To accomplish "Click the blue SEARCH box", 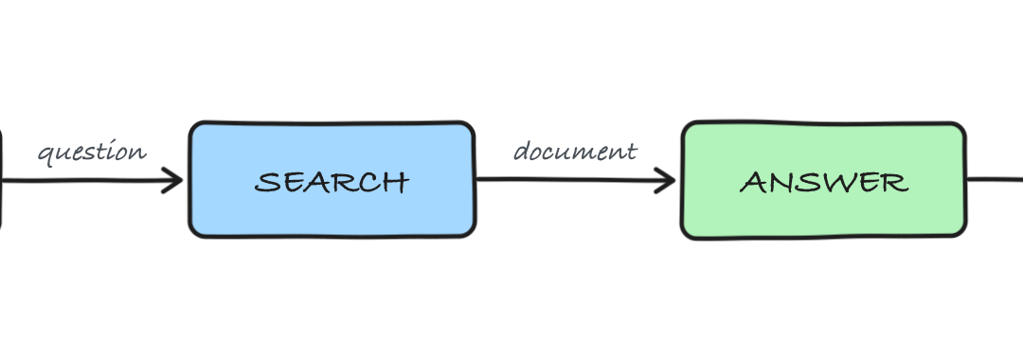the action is (332, 179).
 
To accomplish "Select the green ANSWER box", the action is (823, 180).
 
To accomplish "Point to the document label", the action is (575, 152).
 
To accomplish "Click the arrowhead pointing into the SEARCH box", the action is (172, 181).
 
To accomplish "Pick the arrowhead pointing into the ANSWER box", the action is (664, 181).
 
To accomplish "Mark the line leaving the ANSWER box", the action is (995, 179).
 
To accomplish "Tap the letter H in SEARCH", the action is (397, 182).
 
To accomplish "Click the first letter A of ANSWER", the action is (752, 182).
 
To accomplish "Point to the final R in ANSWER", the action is (896, 182).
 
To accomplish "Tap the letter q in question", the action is (45, 156).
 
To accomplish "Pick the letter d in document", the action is (521, 152).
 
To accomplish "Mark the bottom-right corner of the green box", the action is (963, 236).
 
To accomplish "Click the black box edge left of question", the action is (1, 179).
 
